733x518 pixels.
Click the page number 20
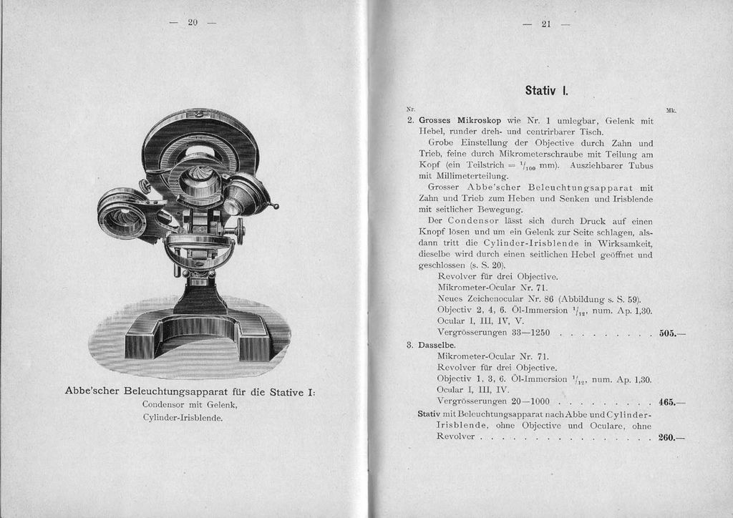(x=192, y=23)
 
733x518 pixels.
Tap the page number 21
(x=545, y=24)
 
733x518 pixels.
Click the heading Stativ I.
(x=545, y=91)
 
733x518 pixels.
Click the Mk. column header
(x=671, y=110)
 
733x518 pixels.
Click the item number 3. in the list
(x=410, y=345)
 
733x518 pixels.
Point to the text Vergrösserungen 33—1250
(x=493, y=333)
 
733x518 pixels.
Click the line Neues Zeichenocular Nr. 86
(x=538, y=298)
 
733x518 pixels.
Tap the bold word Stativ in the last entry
(x=429, y=414)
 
